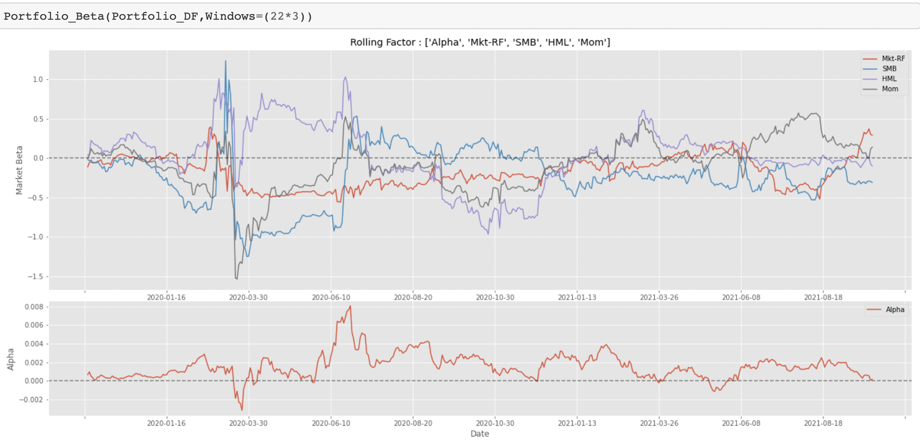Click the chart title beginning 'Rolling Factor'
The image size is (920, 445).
480,42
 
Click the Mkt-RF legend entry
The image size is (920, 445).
893,59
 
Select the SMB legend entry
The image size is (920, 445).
889,69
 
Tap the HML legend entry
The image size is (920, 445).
889,79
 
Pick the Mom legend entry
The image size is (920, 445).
890,89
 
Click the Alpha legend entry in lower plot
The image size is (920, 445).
895,310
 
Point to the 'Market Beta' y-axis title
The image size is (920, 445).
19,170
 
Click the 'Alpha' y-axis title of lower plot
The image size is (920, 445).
11,359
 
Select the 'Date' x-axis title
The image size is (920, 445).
479,434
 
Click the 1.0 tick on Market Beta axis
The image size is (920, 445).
38,79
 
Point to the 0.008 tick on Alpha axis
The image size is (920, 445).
34,307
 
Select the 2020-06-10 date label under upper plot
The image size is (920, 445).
331,298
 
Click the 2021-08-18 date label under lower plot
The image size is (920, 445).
823,424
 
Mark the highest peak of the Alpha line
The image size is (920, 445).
350,306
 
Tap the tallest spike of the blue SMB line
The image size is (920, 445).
225,61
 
